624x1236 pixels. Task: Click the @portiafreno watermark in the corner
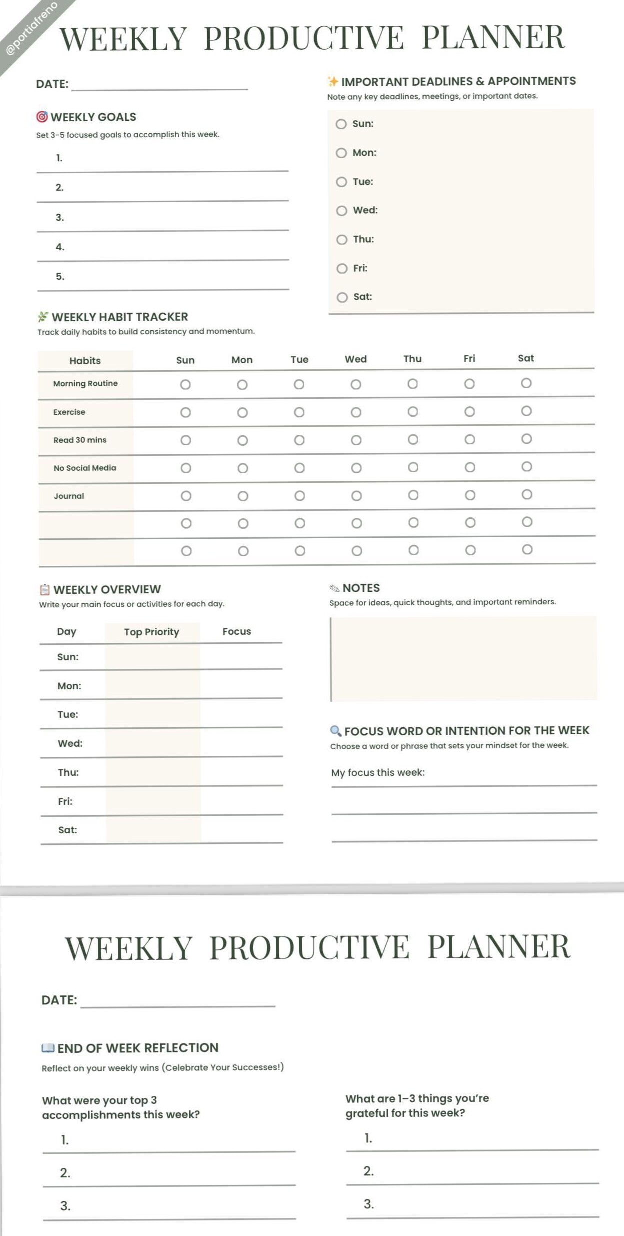[31, 28]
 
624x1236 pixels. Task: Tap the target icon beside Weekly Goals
[42, 117]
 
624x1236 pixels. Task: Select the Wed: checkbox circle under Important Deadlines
[342, 211]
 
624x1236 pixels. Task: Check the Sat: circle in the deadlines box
[342, 297]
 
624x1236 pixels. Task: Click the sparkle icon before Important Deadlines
[333, 81]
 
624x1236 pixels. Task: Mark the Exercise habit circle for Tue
[299, 412]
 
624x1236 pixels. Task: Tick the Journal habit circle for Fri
[470, 495]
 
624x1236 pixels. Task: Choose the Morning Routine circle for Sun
[185, 384]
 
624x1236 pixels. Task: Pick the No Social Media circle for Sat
[527, 467]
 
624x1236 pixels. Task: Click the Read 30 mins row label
[80, 440]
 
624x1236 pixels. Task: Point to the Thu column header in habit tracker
[412, 359]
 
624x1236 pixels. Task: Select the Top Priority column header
[151, 632]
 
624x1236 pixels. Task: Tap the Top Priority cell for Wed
[152, 743]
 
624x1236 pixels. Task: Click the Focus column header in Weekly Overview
[237, 631]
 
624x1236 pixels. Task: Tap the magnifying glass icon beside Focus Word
[336, 731]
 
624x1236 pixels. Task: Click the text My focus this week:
[378, 772]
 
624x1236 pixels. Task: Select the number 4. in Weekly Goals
[60, 247]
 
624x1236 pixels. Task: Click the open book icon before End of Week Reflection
[48, 1048]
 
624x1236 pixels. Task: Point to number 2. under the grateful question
[368, 1171]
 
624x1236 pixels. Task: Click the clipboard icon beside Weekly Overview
[45, 589]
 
